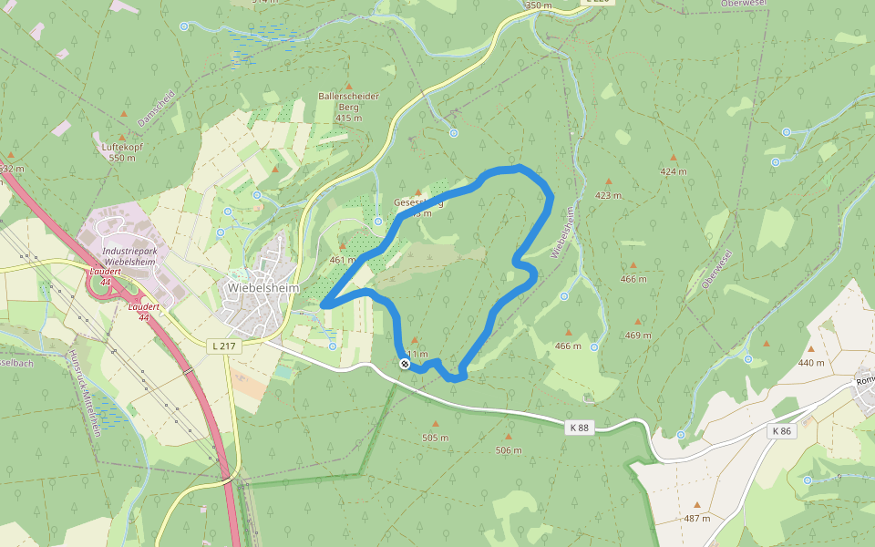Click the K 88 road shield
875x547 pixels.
[x=580, y=427]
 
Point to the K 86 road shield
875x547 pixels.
[x=782, y=430]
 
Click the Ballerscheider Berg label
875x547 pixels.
[x=348, y=101]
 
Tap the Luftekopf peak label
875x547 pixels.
[x=121, y=146]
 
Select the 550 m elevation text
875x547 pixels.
[x=121, y=158]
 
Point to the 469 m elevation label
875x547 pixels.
[x=638, y=335]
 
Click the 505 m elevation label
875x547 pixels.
[x=436, y=438]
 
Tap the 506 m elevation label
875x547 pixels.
[x=509, y=450]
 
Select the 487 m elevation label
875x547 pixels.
[x=696, y=518]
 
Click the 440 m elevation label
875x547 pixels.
[x=811, y=362]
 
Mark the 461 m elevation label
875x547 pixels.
[x=343, y=260]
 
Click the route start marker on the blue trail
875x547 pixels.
[x=405, y=364]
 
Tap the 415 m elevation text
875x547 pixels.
[x=348, y=118]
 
